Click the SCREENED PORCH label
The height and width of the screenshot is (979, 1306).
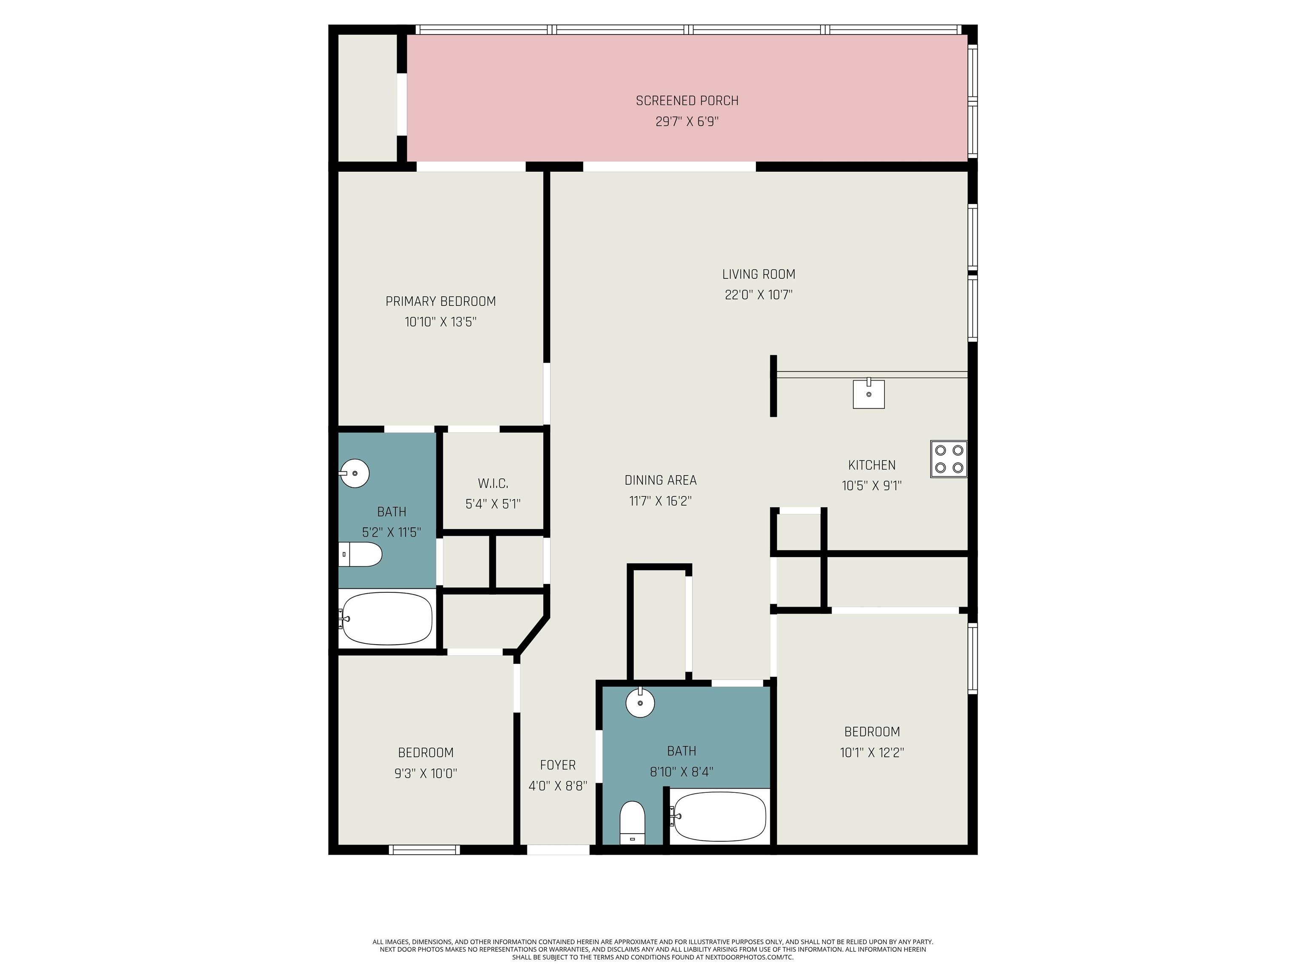click(687, 101)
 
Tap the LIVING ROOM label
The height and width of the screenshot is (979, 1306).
click(759, 274)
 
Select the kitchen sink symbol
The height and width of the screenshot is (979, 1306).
click(869, 393)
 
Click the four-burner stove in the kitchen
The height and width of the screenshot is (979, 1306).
click(949, 459)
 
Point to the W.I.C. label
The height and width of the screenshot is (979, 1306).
click(493, 484)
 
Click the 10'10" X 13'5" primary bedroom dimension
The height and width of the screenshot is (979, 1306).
click(440, 322)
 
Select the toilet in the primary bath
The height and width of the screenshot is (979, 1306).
click(360, 555)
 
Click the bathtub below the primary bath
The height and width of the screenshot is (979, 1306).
click(387, 618)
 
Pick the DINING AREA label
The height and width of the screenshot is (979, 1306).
click(661, 480)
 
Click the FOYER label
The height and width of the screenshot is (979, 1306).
click(558, 765)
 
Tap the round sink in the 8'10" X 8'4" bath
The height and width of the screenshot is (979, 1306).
click(640, 702)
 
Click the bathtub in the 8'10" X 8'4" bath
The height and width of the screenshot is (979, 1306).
click(720, 817)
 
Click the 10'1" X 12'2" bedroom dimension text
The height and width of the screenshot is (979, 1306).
click(872, 753)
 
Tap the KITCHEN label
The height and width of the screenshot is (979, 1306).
click(872, 465)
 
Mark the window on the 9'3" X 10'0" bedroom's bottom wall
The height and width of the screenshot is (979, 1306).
click(424, 850)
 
